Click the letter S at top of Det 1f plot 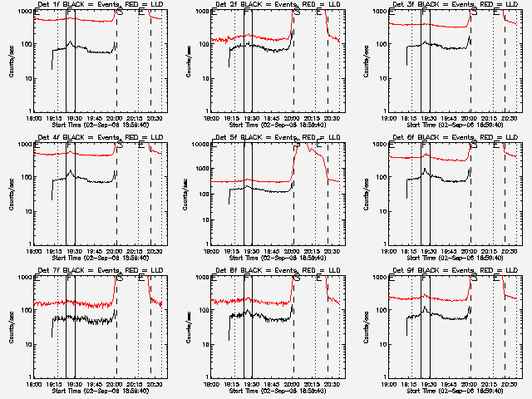click(x=121, y=12)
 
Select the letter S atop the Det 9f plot click(x=475, y=278)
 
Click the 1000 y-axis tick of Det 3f click(x=377, y=12)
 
